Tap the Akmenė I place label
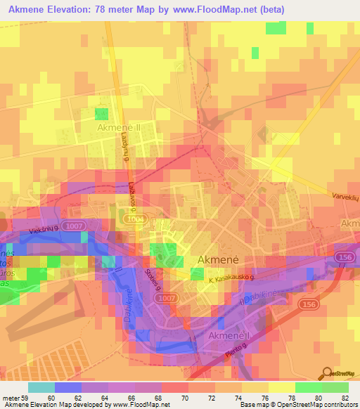(229, 337)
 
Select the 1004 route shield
(136, 220)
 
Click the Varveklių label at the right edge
(345, 197)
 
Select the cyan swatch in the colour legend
(41, 387)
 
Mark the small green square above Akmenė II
(102, 113)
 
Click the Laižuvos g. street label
(134, 190)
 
